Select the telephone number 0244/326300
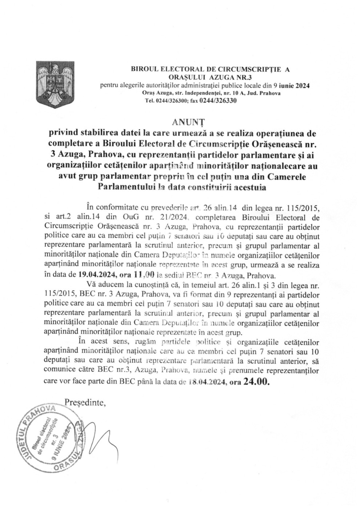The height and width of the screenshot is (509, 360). coord(172,101)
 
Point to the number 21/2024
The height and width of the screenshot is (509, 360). coord(173,218)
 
